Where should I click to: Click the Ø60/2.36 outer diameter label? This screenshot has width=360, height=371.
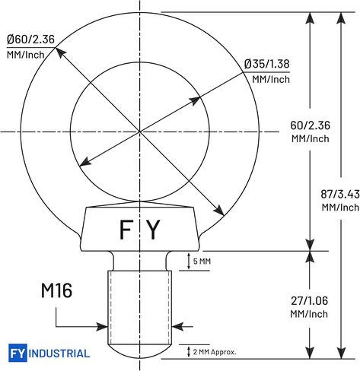tap(30, 40)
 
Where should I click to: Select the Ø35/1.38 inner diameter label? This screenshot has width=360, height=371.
tap(266, 64)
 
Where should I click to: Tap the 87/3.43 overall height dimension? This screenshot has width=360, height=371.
tap(340, 195)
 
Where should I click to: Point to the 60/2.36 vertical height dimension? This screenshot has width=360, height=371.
tap(310, 125)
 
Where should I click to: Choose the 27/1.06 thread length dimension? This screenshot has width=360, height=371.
tap(309, 301)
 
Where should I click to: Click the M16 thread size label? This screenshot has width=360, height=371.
tap(56, 290)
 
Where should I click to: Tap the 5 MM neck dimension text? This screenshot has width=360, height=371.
tap(202, 262)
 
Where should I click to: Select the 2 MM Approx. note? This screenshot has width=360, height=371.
tap(215, 352)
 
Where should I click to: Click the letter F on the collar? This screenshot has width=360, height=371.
tap(126, 230)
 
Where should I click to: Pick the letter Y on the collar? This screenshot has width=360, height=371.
tap(154, 230)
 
